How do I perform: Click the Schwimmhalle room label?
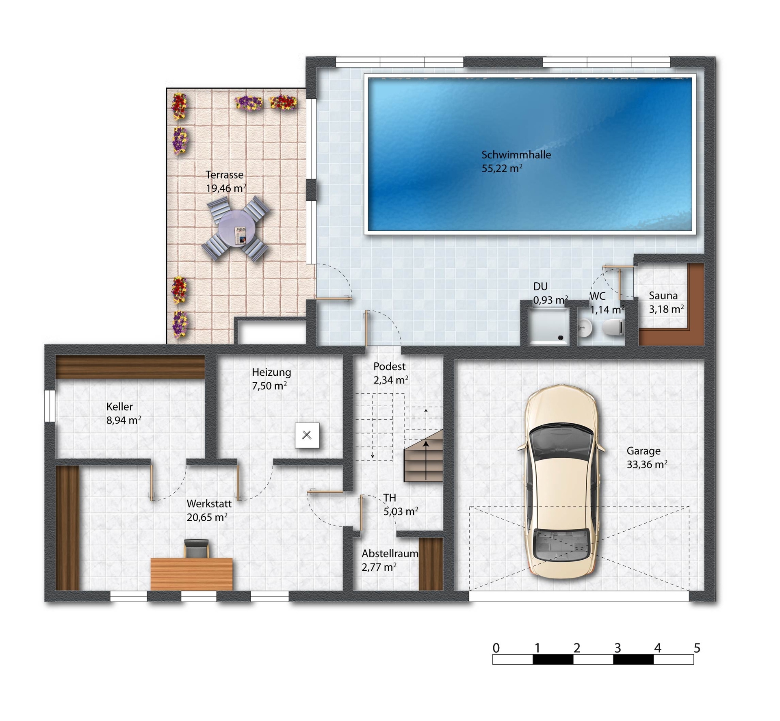(516, 155)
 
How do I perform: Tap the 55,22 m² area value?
(502, 168)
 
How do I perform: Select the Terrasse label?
(224, 175)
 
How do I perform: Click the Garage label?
(643, 451)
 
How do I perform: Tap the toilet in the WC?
(613, 327)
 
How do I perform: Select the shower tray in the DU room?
(548, 326)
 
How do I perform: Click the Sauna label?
(663, 296)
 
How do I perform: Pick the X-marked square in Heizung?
(307, 435)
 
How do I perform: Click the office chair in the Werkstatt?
(197, 548)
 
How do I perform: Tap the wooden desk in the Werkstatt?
(192, 574)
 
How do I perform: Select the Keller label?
(119, 407)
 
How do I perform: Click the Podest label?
(389, 366)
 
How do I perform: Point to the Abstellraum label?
(390, 554)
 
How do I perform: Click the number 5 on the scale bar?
(697, 648)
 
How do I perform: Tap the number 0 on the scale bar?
(496, 648)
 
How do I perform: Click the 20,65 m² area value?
(207, 517)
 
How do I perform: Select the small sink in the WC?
(585, 328)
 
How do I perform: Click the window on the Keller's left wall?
(50, 406)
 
